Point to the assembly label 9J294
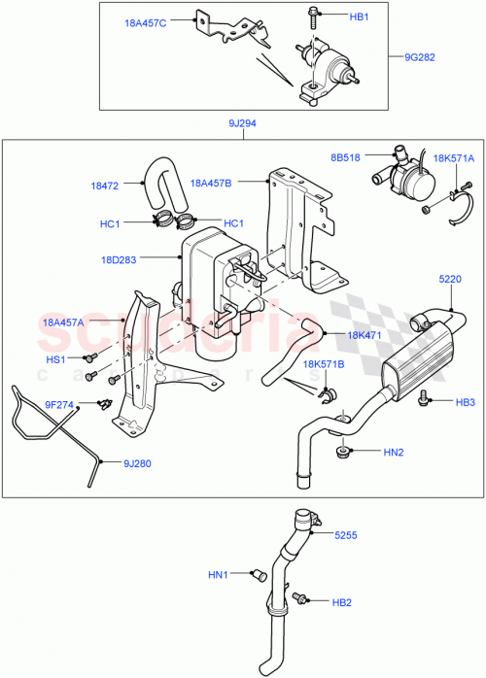[241, 123]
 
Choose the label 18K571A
[453, 157]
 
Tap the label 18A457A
[64, 322]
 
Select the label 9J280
[136, 463]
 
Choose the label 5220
[450, 278]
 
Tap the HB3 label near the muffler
[465, 401]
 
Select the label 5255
[348, 535]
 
